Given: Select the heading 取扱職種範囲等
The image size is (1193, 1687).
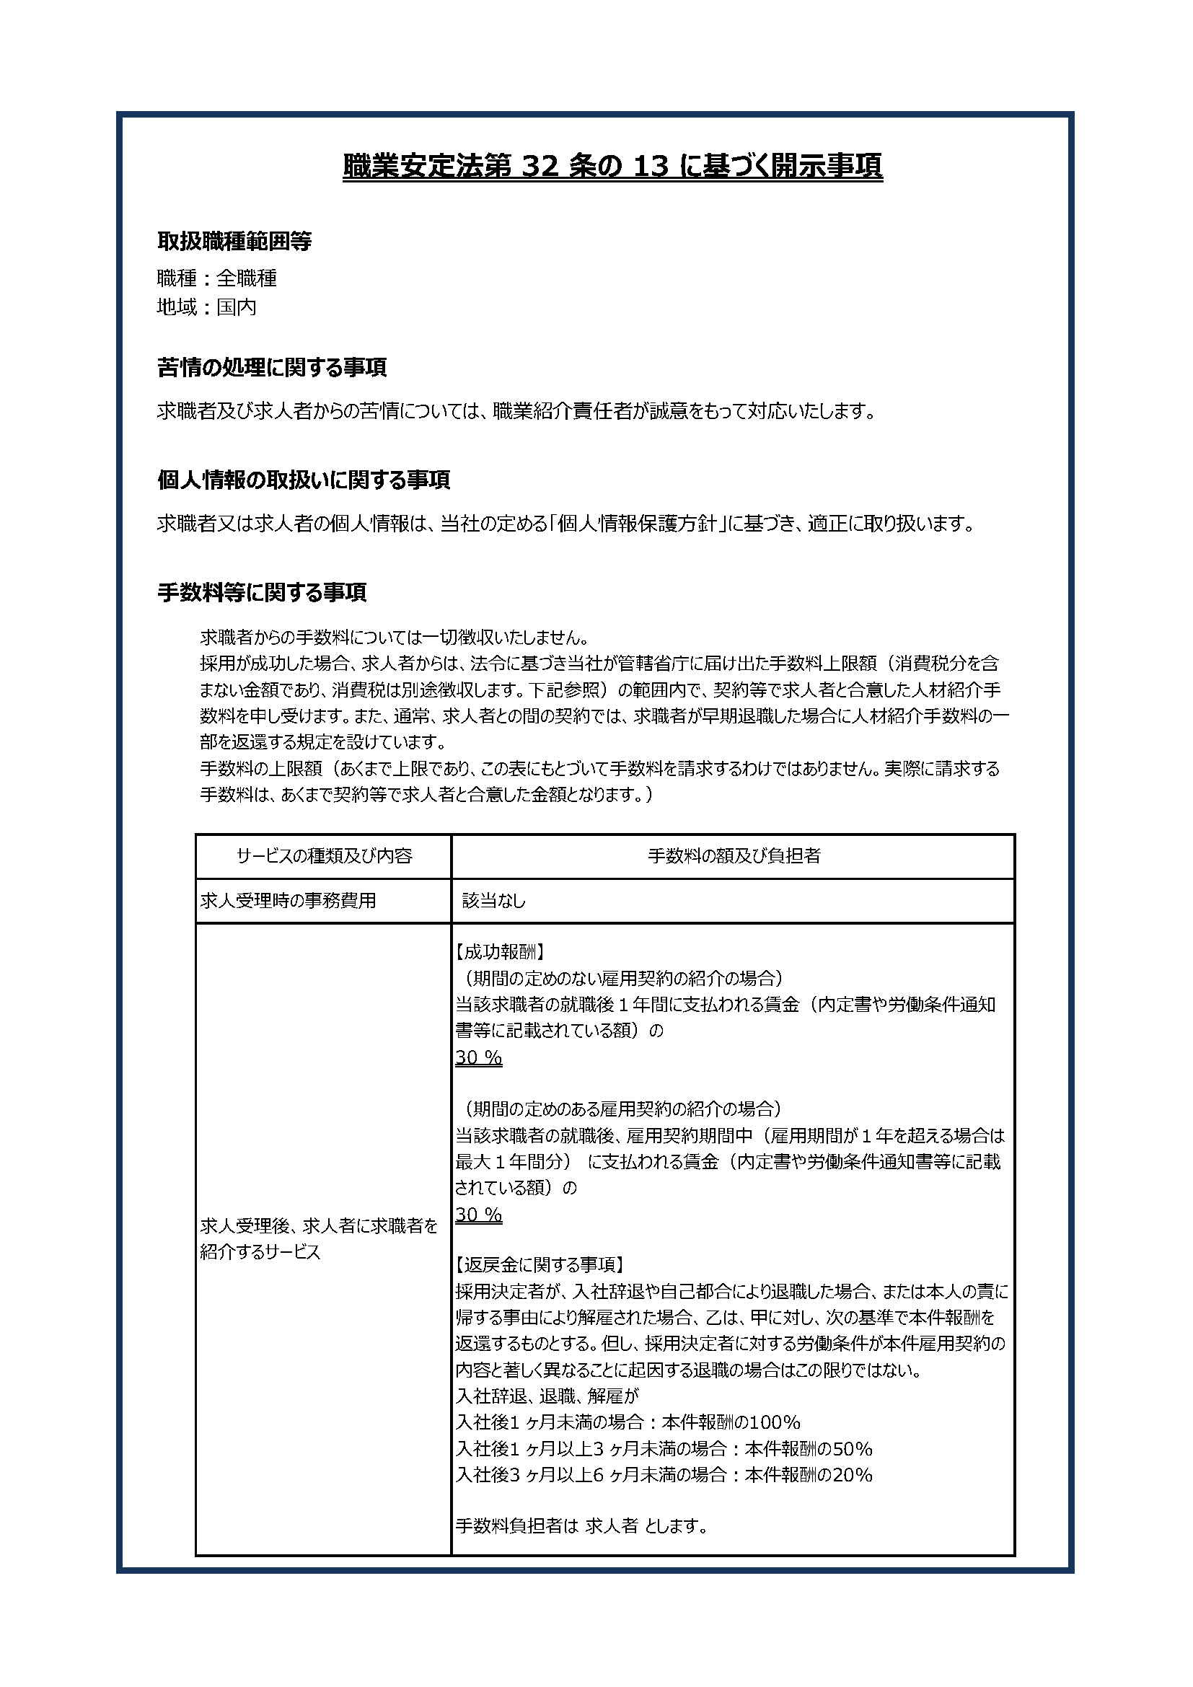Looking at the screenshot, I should point(234,241).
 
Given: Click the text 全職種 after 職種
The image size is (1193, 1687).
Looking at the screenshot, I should point(246,278).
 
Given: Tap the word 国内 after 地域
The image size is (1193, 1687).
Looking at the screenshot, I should point(236,307).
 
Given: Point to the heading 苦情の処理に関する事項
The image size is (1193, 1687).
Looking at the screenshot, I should point(272,367).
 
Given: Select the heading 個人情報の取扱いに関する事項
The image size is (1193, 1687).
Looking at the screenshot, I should point(304,480).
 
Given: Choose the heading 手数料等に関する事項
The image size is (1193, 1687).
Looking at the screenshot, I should point(262,593).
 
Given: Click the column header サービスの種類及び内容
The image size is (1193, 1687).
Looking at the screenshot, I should point(324,856).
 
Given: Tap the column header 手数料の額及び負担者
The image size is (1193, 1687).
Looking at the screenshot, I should point(733,856).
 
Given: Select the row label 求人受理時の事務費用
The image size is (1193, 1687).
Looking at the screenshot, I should point(288,901).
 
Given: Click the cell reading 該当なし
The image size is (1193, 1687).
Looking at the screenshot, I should point(493,901).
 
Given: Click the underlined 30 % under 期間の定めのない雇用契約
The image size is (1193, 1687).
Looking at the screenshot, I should point(478,1057).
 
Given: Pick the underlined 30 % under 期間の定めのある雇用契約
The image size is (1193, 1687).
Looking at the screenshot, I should point(478,1215).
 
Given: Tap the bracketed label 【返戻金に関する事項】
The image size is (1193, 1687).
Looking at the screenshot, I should point(540,1264).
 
